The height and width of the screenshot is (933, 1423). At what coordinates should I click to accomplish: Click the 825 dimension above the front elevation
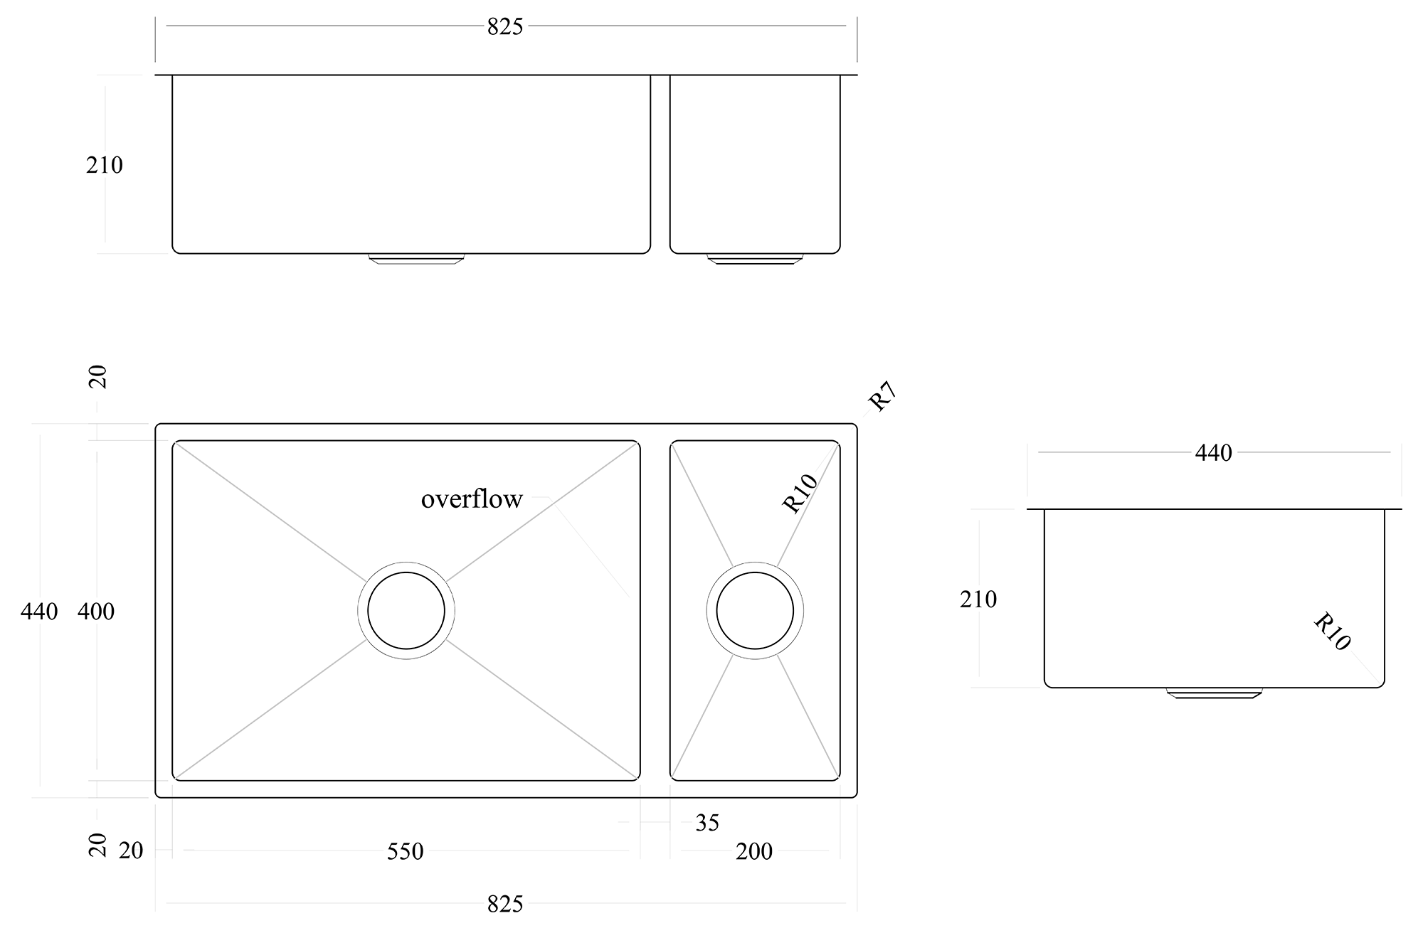[x=505, y=26]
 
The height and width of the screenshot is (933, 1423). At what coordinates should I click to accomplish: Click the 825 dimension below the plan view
[x=505, y=905]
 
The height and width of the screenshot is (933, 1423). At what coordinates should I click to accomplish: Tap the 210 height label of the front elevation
[x=105, y=165]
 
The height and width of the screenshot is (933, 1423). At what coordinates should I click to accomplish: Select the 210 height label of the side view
[x=978, y=599]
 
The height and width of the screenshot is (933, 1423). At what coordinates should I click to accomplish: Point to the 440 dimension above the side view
[x=1213, y=452]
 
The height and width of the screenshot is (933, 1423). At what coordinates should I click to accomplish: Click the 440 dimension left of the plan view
[x=39, y=611]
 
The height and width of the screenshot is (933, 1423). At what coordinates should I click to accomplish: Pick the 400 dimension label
[x=96, y=611]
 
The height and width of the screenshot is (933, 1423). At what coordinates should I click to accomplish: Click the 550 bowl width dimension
[x=405, y=851]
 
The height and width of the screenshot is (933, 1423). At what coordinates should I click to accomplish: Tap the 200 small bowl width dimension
[x=754, y=851]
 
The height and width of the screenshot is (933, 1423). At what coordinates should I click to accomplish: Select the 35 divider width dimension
[x=707, y=823]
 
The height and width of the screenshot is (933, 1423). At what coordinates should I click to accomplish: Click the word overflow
[x=472, y=499]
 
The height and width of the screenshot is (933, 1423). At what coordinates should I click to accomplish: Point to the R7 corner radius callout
[x=882, y=397]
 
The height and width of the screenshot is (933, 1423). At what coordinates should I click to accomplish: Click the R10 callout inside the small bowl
[x=800, y=494]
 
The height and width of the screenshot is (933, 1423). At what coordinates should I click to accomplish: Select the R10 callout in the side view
[x=1331, y=631]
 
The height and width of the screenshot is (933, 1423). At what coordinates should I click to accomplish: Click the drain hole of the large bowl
[x=406, y=610]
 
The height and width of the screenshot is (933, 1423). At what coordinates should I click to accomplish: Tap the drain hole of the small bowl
[x=755, y=610]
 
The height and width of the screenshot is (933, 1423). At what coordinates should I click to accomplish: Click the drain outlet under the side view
[x=1215, y=693]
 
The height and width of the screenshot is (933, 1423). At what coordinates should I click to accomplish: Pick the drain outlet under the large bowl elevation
[x=416, y=259]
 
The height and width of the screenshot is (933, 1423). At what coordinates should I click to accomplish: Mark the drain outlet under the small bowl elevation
[x=755, y=259]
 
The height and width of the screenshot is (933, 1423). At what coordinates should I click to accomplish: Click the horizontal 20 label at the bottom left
[x=131, y=851]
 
